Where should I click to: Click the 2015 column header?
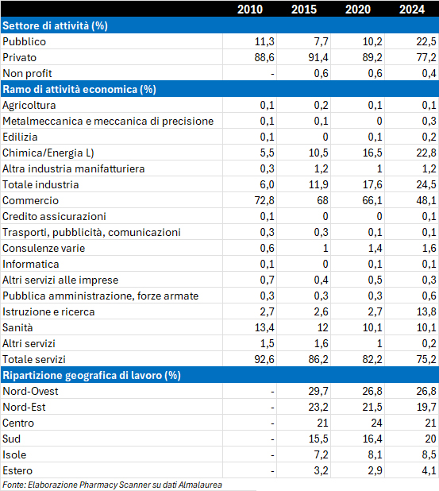point(304,9)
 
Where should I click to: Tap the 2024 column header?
point(412,9)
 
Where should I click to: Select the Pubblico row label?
point(24,41)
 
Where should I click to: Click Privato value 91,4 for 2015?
point(318,58)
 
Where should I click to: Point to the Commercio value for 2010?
point(264,200)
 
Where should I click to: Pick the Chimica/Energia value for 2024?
point(426,153)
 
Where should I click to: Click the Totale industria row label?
point(40,185)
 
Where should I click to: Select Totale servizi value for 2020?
point(372,359)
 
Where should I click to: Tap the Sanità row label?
point(17,327)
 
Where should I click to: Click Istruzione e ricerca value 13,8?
point(426,312)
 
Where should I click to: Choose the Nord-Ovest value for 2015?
point(318,391)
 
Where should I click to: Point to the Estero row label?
point(17,470)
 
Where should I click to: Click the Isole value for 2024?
point(429,454)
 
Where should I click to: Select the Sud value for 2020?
point(372,439)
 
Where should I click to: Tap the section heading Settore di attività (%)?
point(55,25)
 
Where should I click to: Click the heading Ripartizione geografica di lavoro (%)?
point(91,375)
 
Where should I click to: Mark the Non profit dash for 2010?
point(272,74)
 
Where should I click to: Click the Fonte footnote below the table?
point(112,485)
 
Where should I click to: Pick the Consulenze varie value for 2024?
point(429,249)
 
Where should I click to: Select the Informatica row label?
point(31,264)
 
